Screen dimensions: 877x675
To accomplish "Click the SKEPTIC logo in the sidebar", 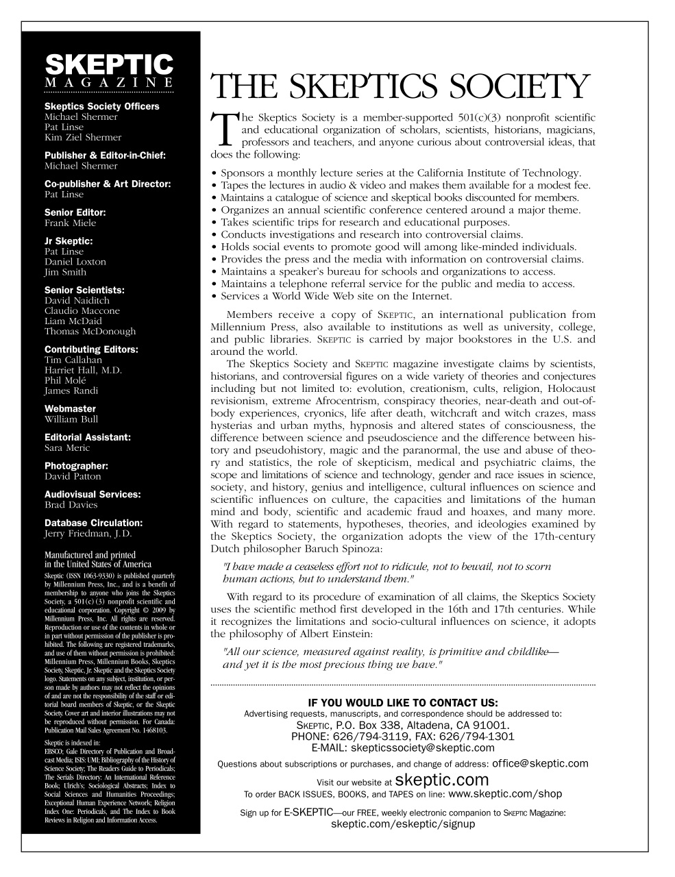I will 109,66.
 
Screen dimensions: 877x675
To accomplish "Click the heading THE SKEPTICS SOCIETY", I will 400,87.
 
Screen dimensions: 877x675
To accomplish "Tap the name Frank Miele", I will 70,223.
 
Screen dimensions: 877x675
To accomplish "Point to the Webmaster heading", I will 70,408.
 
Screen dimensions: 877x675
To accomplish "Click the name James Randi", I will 71,391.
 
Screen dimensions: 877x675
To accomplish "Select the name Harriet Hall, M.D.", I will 83,371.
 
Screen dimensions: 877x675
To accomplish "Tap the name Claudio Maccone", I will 82,311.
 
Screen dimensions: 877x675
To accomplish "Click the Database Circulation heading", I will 93,523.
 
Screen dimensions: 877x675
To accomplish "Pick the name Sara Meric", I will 67,448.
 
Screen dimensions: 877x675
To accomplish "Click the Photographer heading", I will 76,466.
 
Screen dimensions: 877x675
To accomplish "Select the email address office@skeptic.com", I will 540,763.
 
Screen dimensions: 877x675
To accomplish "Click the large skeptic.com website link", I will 442,780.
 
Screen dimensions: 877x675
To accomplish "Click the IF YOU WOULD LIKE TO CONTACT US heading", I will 403,702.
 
